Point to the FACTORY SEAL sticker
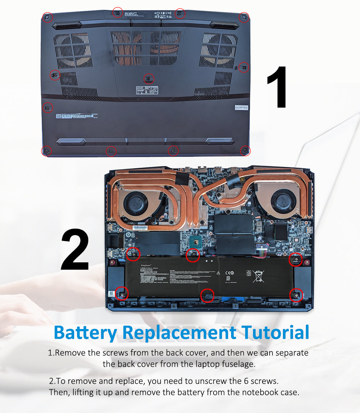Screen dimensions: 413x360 pos(241,107)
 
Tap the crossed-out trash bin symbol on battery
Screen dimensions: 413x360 pos(258,276)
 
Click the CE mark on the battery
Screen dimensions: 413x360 pos(229,273)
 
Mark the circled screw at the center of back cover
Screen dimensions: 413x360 pos(149,78)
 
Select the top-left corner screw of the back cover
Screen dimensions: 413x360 pos(47,17)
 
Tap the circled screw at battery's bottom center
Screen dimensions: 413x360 pos(207,295)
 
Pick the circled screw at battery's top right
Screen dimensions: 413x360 pos(296,259)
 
